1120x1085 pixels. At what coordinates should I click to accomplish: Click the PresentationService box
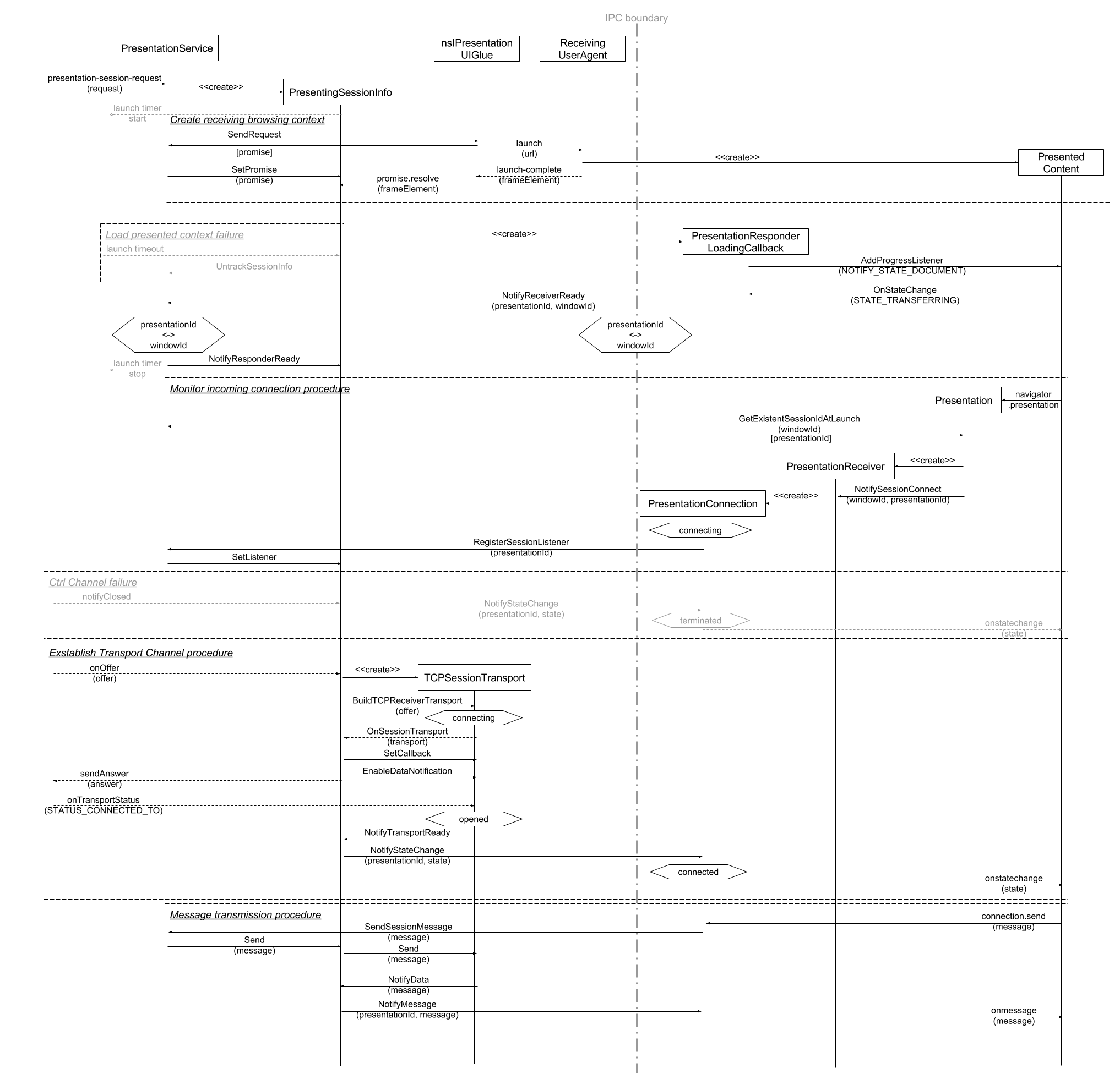pyautogui.click(x=167, y=48)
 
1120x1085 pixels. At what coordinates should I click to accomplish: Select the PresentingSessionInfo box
pyautogui.click(x=341, y=92)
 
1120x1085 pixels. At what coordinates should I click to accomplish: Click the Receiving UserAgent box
pyautogui.click(x=582, y=48)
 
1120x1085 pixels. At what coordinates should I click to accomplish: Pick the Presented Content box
pyautogui.click(x=1061, y=162)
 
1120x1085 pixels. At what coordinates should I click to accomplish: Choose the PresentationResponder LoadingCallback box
pyautogui.click(x=745, y=242)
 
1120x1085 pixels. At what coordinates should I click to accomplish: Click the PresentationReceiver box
pyautogui.click(x=835, y=466)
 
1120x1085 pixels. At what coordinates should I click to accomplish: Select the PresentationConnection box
pyautogui.click(x=702, y=503)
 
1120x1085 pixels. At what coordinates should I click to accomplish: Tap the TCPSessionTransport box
pyautogui.click(x=474, y=677)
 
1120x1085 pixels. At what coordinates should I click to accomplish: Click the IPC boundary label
pyautogui.click(x=637, y=18)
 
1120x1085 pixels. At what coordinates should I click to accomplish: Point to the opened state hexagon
pyautogui.click(x=474, y=819)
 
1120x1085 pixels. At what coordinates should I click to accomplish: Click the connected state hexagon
pyautogui.click(x=698, y=872)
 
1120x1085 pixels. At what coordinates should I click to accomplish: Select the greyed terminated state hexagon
pyautogui.click(x=700, y=620)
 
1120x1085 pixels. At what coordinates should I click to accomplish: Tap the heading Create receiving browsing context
pyautogui.click(x=247, y=119)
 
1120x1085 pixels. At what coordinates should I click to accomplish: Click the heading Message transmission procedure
pyautogui.click(x=245, y=915)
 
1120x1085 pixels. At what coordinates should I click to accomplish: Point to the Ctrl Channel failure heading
pyautogui.click(x=93, y=583)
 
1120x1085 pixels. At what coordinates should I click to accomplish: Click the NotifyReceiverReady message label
pyautogui.click(x=543, y=295)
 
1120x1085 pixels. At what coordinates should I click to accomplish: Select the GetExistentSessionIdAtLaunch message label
pyautogui.click(x=799, y=419)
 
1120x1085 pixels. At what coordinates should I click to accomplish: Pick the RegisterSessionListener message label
pyautogui.click(x=521, y=542)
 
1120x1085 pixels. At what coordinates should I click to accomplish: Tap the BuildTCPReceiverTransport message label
pyautogui.click(x=407, y=700)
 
